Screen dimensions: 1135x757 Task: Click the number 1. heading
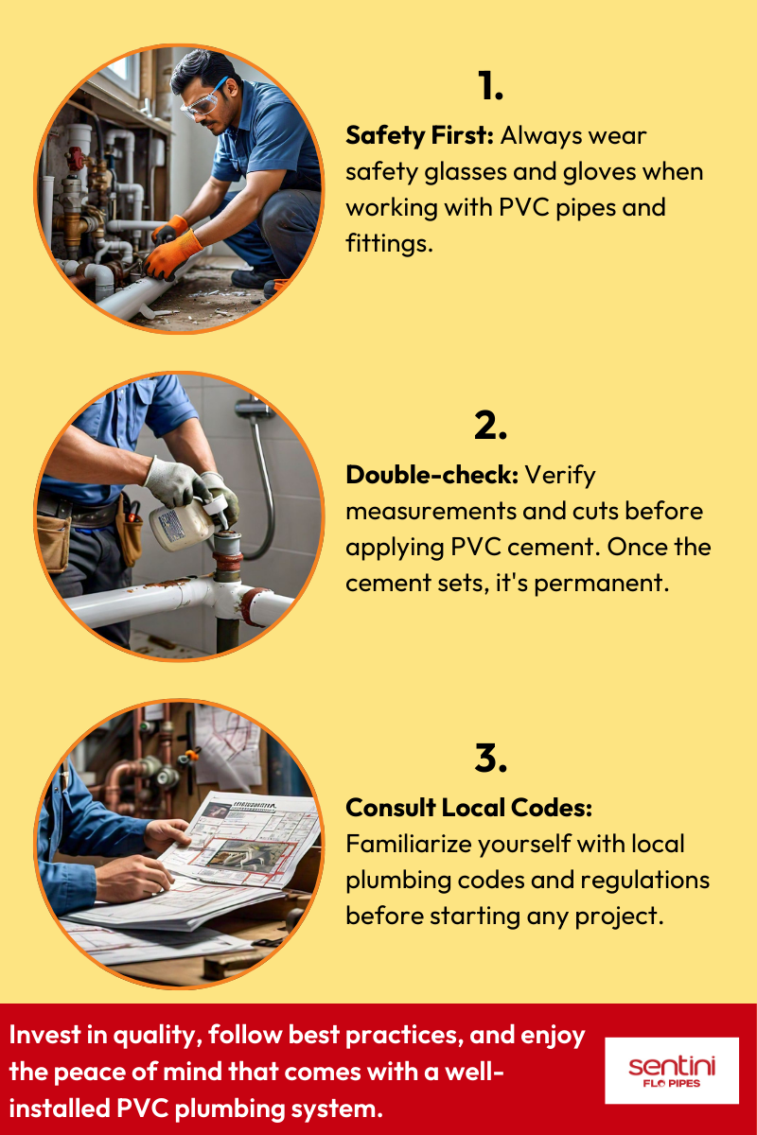point(489,86)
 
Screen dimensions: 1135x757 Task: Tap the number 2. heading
point(490,426)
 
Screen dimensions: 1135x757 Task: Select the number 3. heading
point(490,758)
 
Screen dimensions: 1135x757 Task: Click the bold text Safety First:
point(419,135)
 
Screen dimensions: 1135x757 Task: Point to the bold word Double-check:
point(431,474)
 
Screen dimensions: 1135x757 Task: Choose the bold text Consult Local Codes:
point(468,808)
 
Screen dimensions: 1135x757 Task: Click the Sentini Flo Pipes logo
point(672,1071)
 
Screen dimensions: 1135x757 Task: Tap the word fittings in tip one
point(388,243)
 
